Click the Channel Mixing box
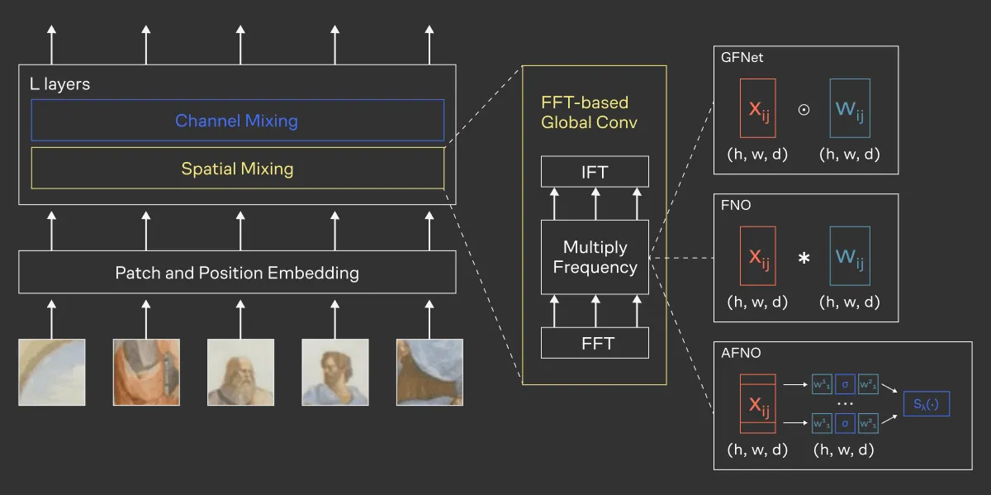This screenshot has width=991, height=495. click(237, 121)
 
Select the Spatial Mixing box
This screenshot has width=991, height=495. click(237, 169)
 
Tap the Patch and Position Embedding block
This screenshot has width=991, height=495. click(237, 272)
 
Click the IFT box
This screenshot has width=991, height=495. click(595, 172)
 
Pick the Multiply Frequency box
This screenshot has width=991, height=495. click(595, 257)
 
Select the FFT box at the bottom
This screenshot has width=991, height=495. click(595, 342)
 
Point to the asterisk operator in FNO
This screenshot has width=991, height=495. click(803, 259)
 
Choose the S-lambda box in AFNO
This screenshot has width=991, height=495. click(927, 404)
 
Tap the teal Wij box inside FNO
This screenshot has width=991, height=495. click(850, 257)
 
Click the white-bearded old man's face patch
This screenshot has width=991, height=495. click(240, 372)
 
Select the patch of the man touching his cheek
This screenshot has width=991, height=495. click(334, 372)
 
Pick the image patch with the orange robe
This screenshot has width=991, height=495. click(146, 372)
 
